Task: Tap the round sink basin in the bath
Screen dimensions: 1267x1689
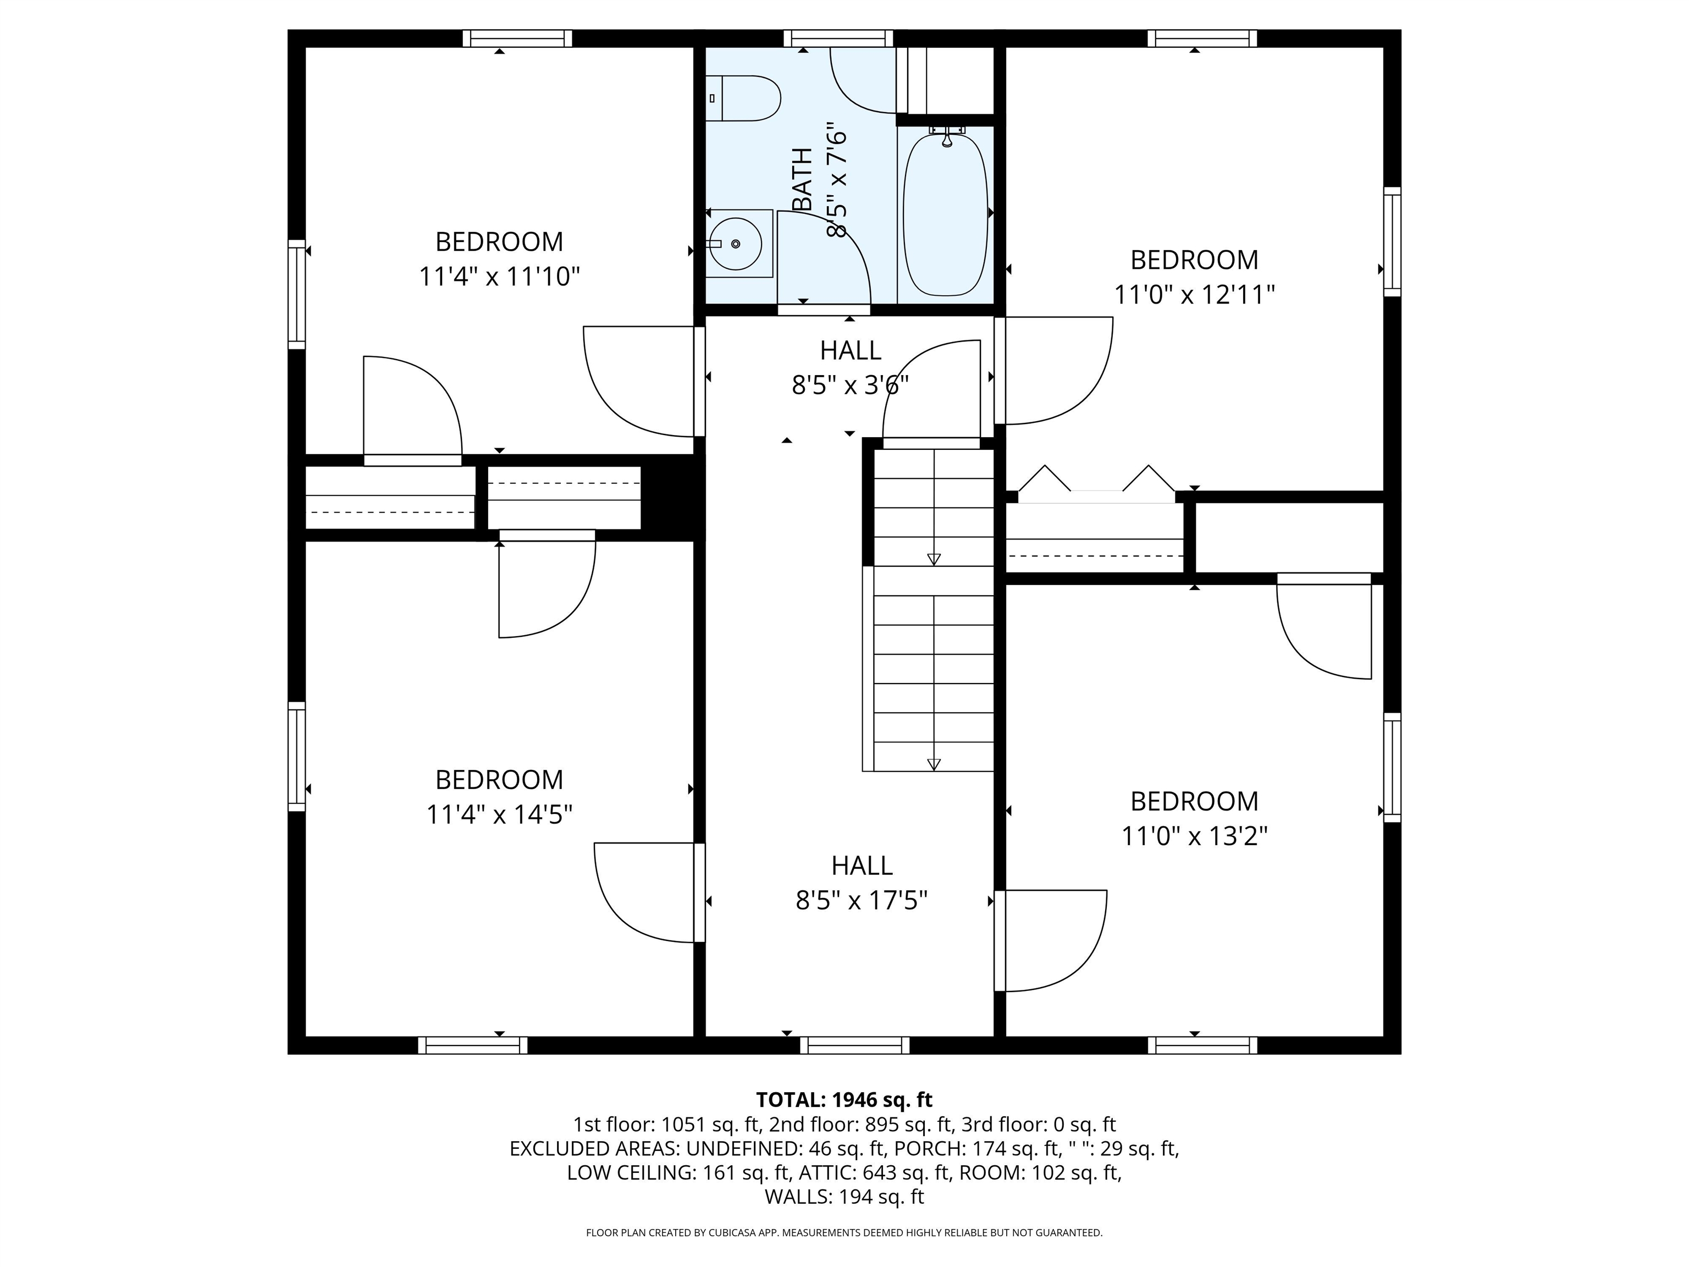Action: click(735, 244)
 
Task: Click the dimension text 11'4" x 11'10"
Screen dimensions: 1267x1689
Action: click(499, 277)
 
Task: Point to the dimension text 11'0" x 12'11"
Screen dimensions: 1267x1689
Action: click(1194, 295)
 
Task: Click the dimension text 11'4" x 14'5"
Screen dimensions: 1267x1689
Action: click(499, 815)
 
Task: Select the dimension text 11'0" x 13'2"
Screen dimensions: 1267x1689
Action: click(1194, 836)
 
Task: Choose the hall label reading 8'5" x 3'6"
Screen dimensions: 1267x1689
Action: click(850, 385)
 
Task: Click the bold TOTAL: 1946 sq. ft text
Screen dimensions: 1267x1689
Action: click(844, 1100)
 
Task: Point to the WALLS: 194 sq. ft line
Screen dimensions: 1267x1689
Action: click(844, 1197)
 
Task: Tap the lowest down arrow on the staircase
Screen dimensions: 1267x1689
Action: click(934, 764)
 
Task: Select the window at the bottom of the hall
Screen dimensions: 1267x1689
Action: click(854, 1045)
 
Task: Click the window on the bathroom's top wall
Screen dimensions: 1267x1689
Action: click(838, 38)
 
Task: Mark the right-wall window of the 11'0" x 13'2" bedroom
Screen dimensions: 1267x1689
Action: click(1392, 768)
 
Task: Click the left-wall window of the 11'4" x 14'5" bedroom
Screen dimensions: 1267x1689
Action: click(297, 756)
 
